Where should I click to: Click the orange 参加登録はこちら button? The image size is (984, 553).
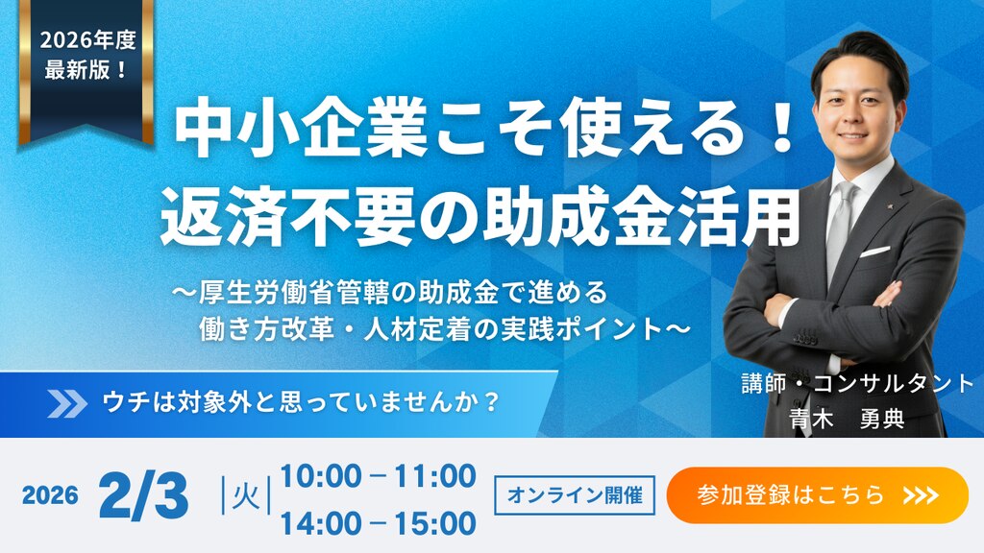(x=817, y=495)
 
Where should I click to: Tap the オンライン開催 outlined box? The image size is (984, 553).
(x=575, y=495)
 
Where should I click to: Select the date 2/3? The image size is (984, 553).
(x=144, y=495)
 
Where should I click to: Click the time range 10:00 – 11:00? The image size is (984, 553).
(x=378, y=476)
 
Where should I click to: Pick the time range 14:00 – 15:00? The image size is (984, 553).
(x=378, y=523)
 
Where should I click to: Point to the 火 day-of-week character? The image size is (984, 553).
(x=246, y=496)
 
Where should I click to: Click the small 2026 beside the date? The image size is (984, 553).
(x=50, y=496)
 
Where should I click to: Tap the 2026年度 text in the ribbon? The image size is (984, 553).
(x=87, y=40)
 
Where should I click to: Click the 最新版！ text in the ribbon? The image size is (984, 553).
(x=86, y=69)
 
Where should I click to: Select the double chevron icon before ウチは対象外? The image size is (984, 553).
(x=67, y=403)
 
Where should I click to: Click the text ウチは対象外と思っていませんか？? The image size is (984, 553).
(x=301, y=402)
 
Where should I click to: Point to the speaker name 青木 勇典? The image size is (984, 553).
(x=846, y=419)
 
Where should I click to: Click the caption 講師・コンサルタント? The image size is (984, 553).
(x=857, y=383)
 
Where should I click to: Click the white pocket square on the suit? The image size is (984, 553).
(x=874, y=252)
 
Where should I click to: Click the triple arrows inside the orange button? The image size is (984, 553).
(x=922, y=495)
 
